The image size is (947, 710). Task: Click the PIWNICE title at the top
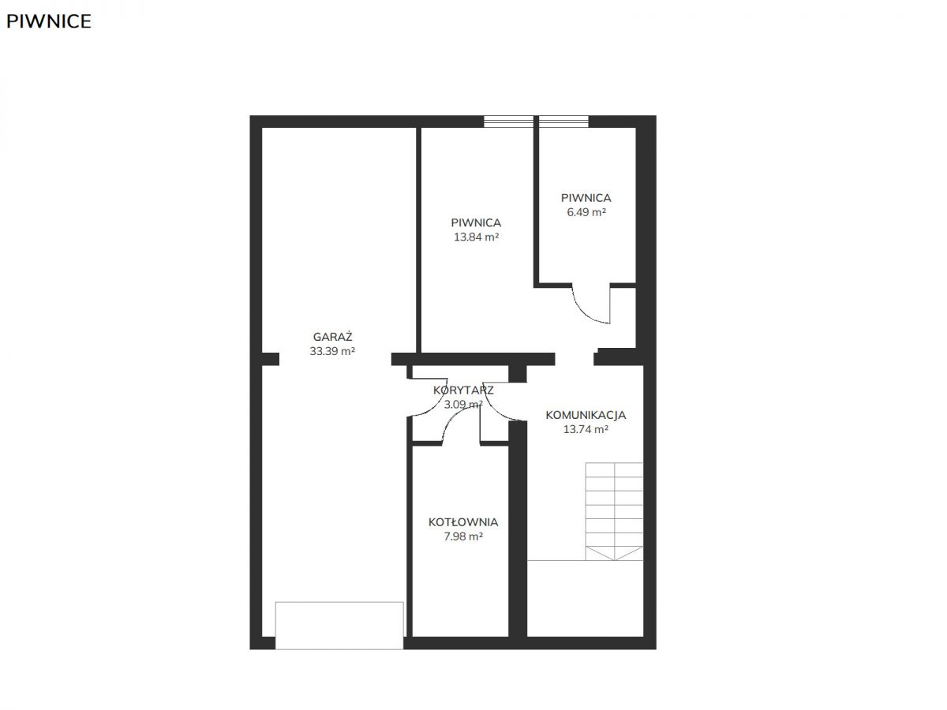click(x=49, y=21)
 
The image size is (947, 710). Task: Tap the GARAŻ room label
click(x=332, y=336)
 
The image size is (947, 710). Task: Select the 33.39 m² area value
click(x=332, y=351)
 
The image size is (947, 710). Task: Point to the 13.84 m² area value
click(x=477, y=237)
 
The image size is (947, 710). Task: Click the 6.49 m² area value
click(x=586, y=212)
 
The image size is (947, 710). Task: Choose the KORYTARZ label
click(x=463, y=390)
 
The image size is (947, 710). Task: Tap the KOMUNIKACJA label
click(x=586, y=415)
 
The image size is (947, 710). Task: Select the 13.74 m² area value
click(x=586, y=429)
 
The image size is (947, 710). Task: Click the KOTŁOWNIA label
click(x=463, y=522)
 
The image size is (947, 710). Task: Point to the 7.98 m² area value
click(x=463, y=536)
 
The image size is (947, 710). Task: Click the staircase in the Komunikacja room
click(x=614, y=511)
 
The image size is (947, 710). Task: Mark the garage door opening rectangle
click(x=339, y=626)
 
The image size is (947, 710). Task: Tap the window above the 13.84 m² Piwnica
click(x=508, y=121)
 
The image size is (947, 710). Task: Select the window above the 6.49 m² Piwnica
click(x=563, y=121)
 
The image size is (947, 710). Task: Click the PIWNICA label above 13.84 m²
click(x=477, y=222)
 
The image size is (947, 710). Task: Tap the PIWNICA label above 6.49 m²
click(x=586, y=198)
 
